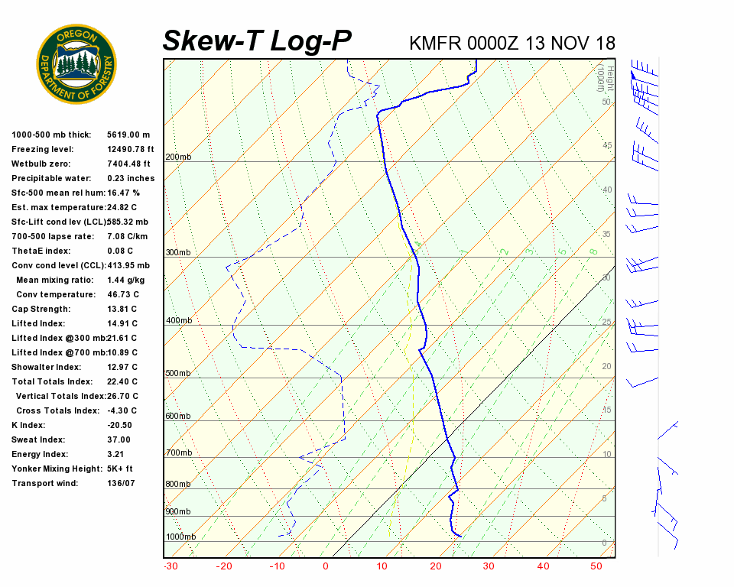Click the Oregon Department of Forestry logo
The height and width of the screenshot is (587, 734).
(76, 63)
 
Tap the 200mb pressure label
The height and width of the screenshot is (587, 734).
(178, 157)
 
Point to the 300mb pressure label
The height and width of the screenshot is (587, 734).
(178, 252)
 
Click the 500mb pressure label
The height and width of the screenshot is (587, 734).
(178, 373)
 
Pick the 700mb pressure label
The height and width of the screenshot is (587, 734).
(178, 452)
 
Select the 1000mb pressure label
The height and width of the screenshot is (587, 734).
(180, 537)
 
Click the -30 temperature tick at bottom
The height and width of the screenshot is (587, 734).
(171, 566)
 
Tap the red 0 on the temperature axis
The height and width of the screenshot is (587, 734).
(326, 566)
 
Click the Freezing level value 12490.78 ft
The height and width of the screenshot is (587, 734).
(131, 149)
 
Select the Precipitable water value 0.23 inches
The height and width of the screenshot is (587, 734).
(131, 178)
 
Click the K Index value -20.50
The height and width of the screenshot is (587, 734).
(119, 425)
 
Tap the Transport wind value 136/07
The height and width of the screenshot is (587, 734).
(121, 483)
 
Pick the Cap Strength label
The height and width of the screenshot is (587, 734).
(41, 309)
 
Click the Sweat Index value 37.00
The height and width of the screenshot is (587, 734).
(119, 439)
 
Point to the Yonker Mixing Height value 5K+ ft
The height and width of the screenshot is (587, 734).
(120, 469)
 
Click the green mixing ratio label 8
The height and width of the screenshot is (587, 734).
(593, 251)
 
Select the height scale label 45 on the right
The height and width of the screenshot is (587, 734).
(607, 145)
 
